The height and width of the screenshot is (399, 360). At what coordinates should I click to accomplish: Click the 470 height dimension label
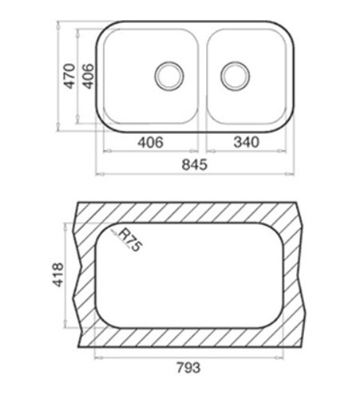[x=69, y=76]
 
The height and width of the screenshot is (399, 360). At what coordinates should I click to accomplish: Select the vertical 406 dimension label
[x=88, y=76]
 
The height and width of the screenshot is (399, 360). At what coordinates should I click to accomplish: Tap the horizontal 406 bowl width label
[x=150, y=142]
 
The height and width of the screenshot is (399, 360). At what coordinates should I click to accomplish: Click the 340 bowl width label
[x=246, y=142]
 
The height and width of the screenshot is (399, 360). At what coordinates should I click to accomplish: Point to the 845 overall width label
[x=195, y=164]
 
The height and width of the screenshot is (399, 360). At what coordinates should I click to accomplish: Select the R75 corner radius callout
[x=130, y=240]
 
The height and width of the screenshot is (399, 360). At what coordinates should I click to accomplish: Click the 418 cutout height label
[x=58, y=275]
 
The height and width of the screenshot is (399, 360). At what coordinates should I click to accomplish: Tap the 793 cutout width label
[x=188, y=368]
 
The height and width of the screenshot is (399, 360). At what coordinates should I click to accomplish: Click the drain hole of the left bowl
[x=169, y=76]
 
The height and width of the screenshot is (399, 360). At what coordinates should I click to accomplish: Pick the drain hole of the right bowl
[x=235, y=76]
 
